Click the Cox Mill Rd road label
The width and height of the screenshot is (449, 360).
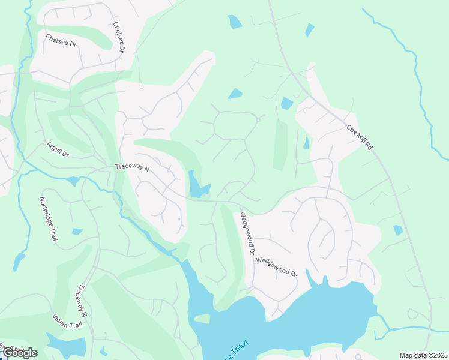click(x=360, y=138)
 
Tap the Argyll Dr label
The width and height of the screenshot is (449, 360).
click(x=58, y=151)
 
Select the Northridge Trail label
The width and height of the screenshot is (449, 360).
click(x=49, y=219)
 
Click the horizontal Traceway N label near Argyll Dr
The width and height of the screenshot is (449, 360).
click(x=132, y=169)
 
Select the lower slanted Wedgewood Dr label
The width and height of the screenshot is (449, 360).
click(x=277, y=266)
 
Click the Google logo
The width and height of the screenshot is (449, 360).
click(x=20, y=352)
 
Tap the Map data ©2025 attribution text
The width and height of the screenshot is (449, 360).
click(x=423, y=355)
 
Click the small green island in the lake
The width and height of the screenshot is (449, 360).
click(x=202, y=319)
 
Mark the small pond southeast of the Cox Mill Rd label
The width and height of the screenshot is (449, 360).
click(x=397, y=230)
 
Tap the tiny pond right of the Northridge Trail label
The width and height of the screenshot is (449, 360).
click(x=77, y=232)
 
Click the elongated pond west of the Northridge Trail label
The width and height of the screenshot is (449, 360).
click(x=20, y=262)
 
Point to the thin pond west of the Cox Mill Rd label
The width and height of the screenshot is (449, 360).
click(x=306, y=143)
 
